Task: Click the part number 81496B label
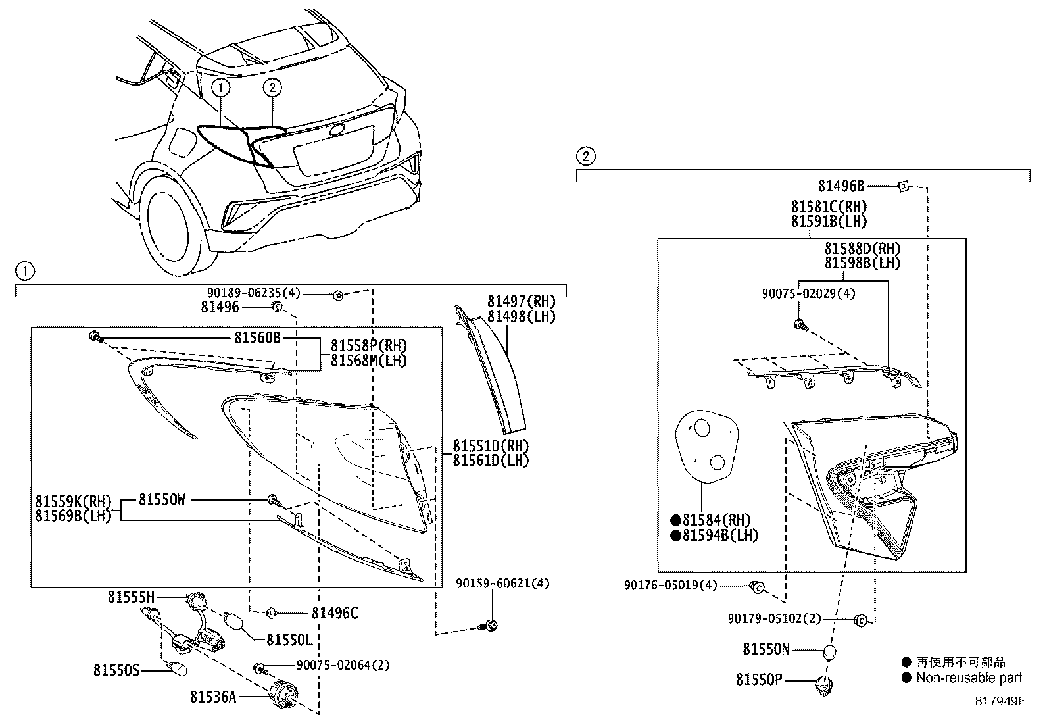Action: click(x=841, y=186)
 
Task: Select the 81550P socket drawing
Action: click(x=823, y=686)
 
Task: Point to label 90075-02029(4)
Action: click(x=808, y=294)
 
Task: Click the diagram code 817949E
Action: click(x=1000, y=701)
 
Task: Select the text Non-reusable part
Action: click(x=969, y=678)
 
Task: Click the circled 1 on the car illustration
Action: click(x=220, y=86)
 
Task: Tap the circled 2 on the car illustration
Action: click(x=272, y=87)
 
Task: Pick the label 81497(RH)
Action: click(x=521, y=301)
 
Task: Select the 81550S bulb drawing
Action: click(x=178, y=670)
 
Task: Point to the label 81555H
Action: click(x=132, y=597)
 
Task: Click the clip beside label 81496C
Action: click(x=272, y=613)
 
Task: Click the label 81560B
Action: click(x=257, y=337)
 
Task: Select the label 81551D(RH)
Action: click(x=490, y=445)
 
